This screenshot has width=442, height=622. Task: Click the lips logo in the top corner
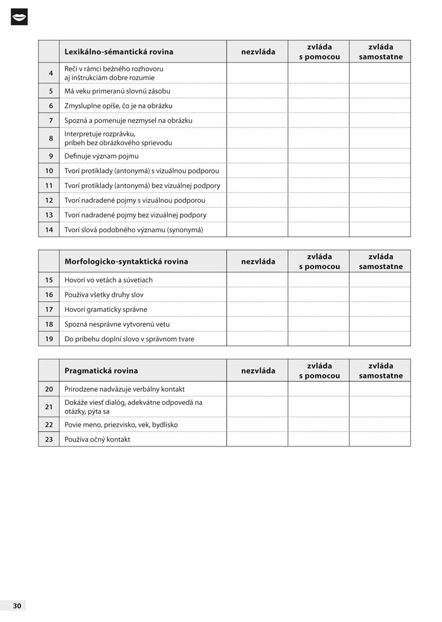[x=20, y=17]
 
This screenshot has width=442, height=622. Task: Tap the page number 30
[x=17, y=606]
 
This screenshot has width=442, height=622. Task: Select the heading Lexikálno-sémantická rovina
[x=119, y=52]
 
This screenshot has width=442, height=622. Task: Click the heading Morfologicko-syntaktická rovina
[x=126, y=261]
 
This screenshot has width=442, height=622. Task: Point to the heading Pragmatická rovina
[x=101, y=371]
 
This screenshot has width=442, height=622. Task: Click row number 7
[x=50, y=120]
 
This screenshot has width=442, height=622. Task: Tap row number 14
[x=49, y=230]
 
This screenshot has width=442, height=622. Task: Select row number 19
[x=49, y=338]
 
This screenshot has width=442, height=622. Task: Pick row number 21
[x=49, y=407]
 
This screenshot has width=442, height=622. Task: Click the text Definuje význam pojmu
[x=101, y=156]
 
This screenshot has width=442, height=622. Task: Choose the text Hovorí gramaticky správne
[x=106, y=309]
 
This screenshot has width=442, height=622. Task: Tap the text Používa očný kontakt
[x=97, y=440]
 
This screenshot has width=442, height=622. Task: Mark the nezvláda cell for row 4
[x=258, y=73]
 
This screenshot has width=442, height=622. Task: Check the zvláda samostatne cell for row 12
[x=380, y=200]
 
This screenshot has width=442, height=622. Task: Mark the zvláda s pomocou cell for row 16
[x=319, y=295]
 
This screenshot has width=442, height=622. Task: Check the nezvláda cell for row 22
[x=258, y=425]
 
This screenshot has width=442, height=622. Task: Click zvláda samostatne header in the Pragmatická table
[x=380, y=371]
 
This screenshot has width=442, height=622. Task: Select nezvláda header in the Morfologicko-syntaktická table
[x=258, y=261]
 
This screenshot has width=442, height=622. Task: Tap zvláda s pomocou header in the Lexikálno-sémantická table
[x=319, y=52]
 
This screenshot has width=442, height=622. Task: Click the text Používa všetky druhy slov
[x=104, y=295]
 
